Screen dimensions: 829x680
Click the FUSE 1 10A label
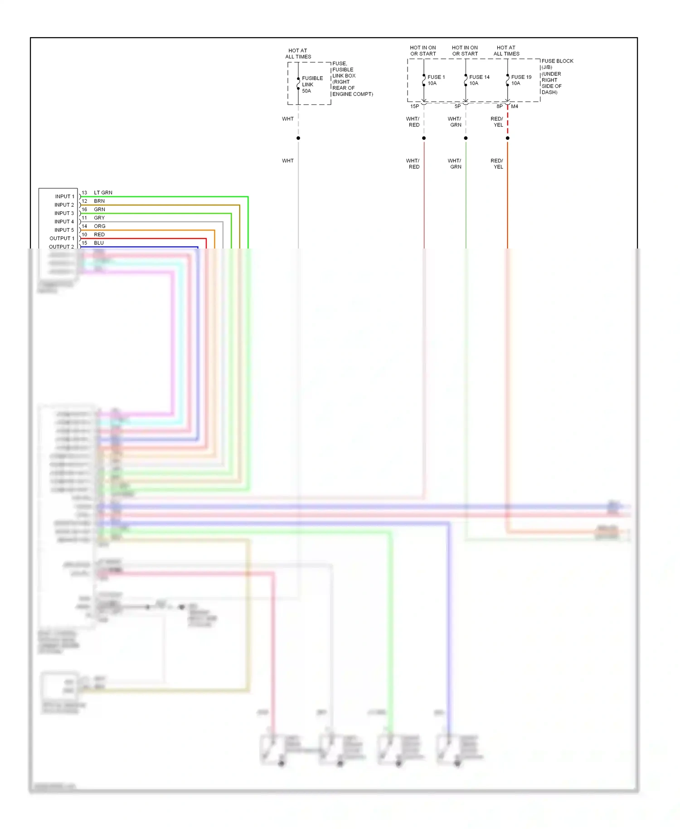tap(436, 80)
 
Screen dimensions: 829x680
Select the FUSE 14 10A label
tap(479, 80)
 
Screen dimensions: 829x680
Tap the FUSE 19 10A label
tap(521, 80)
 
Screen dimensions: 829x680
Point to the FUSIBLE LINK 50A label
tap(312, 84)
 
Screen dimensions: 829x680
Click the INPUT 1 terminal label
tap(64, 196)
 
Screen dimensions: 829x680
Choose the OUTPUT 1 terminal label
tap(62, 239)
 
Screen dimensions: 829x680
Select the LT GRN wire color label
tap(103, 193)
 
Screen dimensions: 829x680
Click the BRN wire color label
tap(99, 201)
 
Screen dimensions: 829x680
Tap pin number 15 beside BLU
tap(84, 243)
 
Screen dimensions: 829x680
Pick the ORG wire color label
tap(99, 226)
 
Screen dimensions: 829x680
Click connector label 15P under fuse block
tap(414, 107)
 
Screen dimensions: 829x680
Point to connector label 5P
tap(457, 107)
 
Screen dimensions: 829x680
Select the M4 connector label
tap(515, 107)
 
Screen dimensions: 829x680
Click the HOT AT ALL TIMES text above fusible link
tap(298, 54)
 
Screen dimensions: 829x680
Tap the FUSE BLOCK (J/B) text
tap(557, 64)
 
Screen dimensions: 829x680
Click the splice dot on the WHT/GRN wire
tap(466, 138)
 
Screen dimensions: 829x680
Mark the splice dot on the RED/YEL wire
tap(507, 138)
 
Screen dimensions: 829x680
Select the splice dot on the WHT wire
tap(298, 138)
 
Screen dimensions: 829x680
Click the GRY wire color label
tap(99, 218)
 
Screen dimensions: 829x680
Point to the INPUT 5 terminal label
tap(64, 230)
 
